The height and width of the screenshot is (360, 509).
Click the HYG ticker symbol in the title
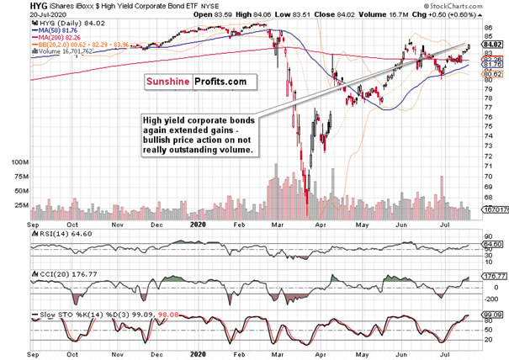(x=14, y=8)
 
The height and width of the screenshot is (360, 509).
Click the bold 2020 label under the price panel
(x=198, y=226)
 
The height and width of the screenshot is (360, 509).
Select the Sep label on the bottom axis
(x=33, y=226)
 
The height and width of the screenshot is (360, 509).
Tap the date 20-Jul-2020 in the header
(x=24, y=17)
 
